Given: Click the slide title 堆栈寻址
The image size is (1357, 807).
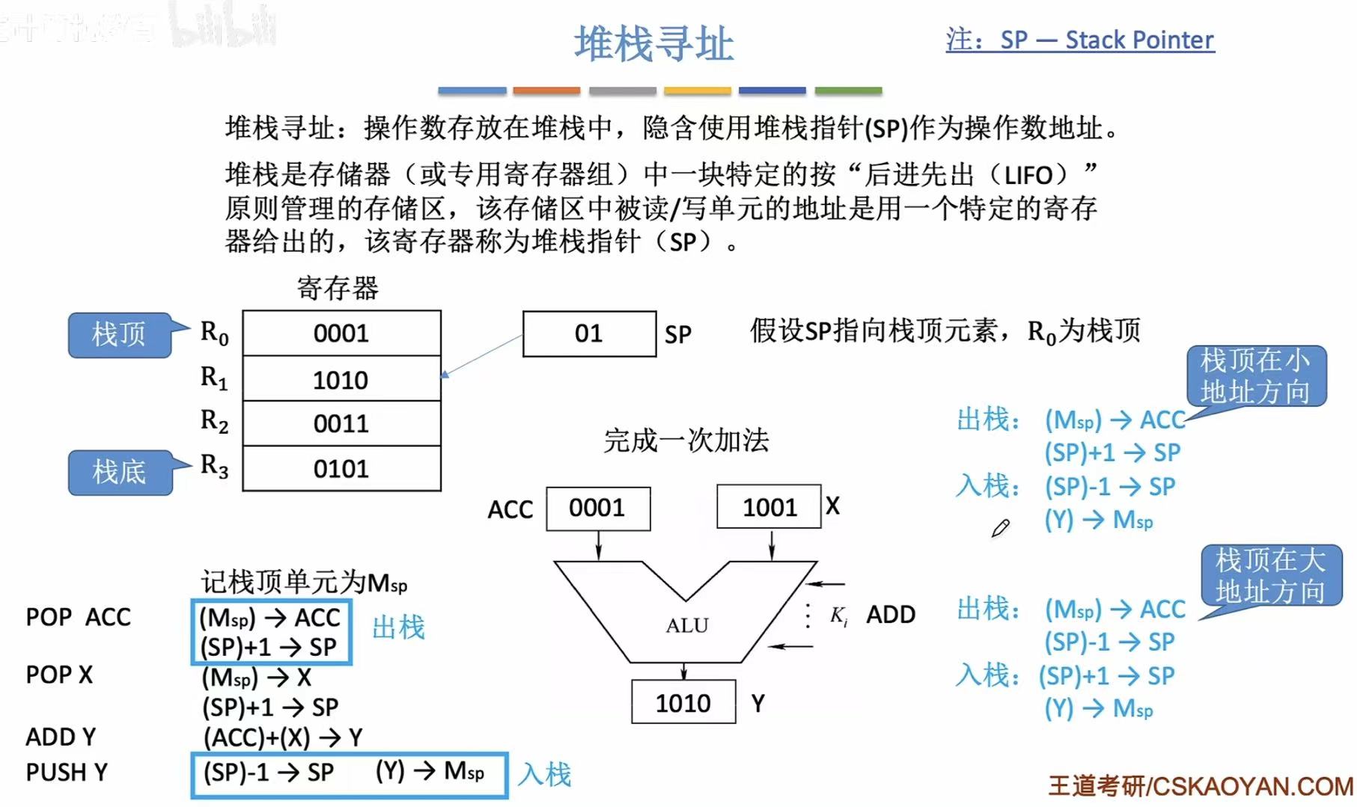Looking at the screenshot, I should coord(653,43).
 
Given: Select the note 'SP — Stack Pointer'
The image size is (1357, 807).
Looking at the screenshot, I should coord(1106,40).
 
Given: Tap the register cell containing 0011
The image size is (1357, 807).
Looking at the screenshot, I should coord(341,424).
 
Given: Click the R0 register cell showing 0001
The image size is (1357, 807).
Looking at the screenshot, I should coord(341,334).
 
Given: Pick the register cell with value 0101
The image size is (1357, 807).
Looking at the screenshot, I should coord(341,469).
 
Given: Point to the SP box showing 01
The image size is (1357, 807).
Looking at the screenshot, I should coord(589,334).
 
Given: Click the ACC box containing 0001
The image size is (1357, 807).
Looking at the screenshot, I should coord(597,509).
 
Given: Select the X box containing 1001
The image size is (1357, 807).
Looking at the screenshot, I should coord(769,507).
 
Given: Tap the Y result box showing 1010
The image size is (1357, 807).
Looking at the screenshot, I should coord(683,703).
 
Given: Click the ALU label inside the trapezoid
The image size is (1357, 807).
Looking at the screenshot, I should coord(686,625).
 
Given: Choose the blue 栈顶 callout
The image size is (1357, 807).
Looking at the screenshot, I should coord(119,334).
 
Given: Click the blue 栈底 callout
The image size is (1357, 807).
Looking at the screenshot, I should coord(119,472).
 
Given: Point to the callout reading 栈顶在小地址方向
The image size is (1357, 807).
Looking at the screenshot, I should coord(1255,376).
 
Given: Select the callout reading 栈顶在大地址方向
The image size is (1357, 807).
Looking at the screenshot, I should coord(1269,575).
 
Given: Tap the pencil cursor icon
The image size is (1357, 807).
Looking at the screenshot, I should coord(1000,529).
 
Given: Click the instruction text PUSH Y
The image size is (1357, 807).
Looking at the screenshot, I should coord(67,772).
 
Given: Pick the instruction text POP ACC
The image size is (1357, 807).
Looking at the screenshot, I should coord(78,617).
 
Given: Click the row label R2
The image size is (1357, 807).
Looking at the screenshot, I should coord(214,421).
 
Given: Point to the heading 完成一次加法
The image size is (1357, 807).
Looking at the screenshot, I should coord(686,441).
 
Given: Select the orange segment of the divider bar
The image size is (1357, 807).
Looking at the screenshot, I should coord(546,90).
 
